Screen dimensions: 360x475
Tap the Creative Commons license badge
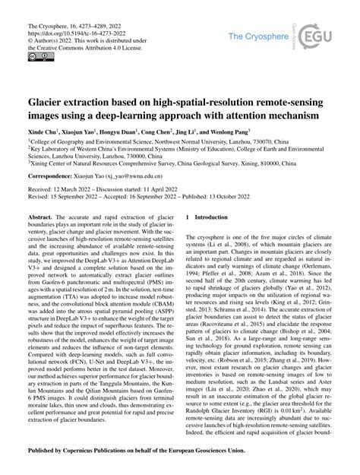click(37, 57)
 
